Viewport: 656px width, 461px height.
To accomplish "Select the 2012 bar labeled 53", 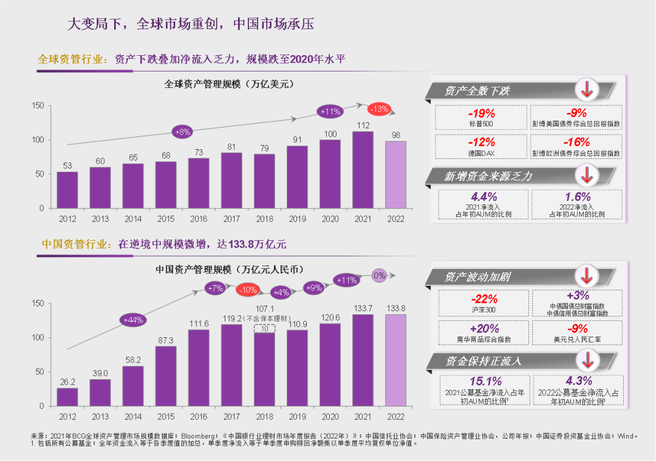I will point(67,190).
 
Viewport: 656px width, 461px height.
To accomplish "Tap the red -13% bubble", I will point(378,109).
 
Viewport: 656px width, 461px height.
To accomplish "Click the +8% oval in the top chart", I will point(183,131).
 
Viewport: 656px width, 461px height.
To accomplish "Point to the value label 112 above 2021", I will point(363,126).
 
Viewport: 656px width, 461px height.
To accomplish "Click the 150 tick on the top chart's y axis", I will point(38,106).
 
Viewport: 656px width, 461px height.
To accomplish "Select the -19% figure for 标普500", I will point(481,113).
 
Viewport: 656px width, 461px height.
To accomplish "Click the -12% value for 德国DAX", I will point(481,143).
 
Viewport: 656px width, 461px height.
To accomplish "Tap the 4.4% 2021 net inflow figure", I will point(483,197).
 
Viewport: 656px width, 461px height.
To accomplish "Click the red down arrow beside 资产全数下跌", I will point(587,90).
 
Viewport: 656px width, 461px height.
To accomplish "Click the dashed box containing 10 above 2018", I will point(264,328).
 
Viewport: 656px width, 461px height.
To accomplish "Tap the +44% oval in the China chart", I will point(133,320).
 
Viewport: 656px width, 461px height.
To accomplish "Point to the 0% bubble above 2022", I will point(379,275).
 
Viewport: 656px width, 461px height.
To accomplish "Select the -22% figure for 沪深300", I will point(484,298).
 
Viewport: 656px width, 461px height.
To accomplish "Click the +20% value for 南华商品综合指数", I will point(484,328).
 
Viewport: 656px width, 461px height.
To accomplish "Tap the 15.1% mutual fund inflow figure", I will point(486,382).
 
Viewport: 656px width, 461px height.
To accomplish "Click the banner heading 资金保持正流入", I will point(483,361).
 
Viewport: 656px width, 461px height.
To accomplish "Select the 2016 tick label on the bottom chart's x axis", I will point(199,417).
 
